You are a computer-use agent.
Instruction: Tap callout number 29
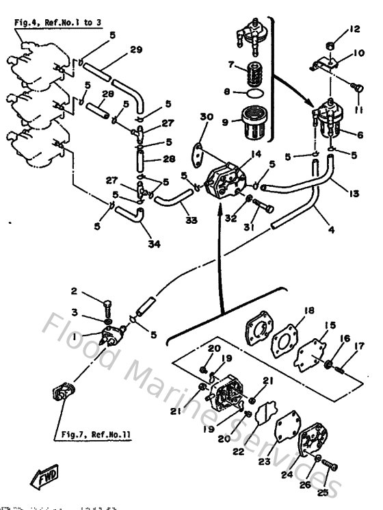(135, 50)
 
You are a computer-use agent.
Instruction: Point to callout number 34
(155, 243)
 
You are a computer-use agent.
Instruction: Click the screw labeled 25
(329, 468)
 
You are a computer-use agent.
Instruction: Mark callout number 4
(330, 230)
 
